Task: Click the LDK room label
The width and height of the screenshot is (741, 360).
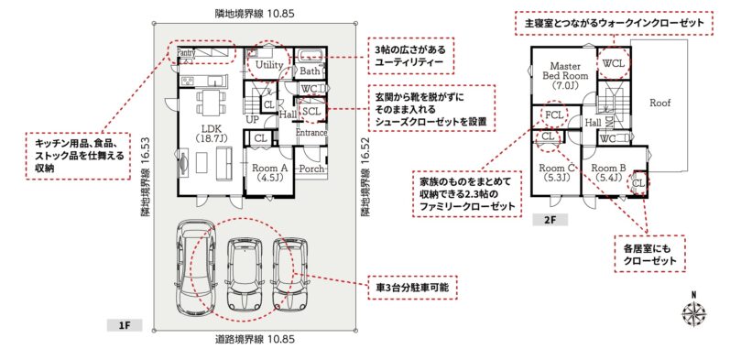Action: pyautogui.click(x=212, y=128)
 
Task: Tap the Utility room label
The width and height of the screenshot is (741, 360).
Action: pyautogui.click(x=269, y=65)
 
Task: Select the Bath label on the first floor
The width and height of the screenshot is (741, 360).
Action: pyautogui.click(x=310, y=71)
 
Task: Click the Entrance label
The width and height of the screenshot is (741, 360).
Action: pyautogui.click(x=311, y=134)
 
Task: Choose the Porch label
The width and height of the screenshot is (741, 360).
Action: pyautogui.click(x=312, y=168)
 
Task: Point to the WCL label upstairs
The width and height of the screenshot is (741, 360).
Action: pyautogui.click(x=614, y=63)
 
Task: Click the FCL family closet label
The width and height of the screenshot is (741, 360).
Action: pyautogui.click(x=554, y=115)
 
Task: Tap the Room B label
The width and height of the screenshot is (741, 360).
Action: pyautogui.click(x=608, y=168)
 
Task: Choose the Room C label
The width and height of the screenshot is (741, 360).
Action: pyautogui.click(x=556, y=168)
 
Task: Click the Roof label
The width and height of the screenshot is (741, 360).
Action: pyautogui.click(x=659, y=103)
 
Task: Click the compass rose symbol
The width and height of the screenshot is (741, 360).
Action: pyautogui.click(x=694, y=312)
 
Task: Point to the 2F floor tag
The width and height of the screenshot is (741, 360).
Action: pyautogui.click(x=550, y=220)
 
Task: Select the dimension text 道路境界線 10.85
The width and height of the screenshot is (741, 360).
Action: pyautogui.click(x=254, y=340)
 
